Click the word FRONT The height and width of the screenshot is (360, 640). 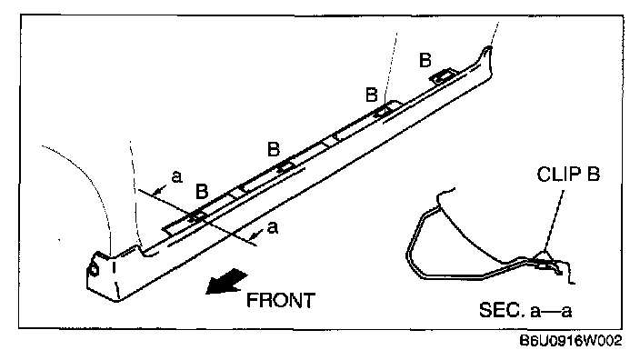[x=281, y=300]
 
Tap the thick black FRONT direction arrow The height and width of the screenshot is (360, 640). [x=225, y=281]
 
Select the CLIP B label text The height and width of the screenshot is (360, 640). [x=568, y=175]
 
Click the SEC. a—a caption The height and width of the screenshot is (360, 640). [x=525, y=310]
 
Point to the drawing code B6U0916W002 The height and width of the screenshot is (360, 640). [x=571, y=340]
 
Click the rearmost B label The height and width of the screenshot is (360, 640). [x=425, y=60]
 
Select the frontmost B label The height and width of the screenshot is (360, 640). [x=202, y=191]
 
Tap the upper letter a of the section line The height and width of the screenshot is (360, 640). [x=176, y=177]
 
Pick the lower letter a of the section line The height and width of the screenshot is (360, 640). [x=273, y=228]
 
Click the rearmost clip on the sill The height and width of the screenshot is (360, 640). [x=443, y=76]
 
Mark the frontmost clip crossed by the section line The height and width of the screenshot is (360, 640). [x=197, y=216]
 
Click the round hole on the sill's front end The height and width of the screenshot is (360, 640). [x=94, y=270]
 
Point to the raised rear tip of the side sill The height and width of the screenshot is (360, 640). [x=486, y=50]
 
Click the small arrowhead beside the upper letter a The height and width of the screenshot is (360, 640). [x=159, y=190]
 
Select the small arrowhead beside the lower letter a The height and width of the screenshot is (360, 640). [x=256, y=235]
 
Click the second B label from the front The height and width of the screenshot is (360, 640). [x=274, y=149]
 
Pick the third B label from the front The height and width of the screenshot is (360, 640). [x=372, y=95]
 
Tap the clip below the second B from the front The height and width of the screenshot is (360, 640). [x=285, y=166]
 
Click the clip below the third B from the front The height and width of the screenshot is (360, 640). [x=385, y=108]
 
